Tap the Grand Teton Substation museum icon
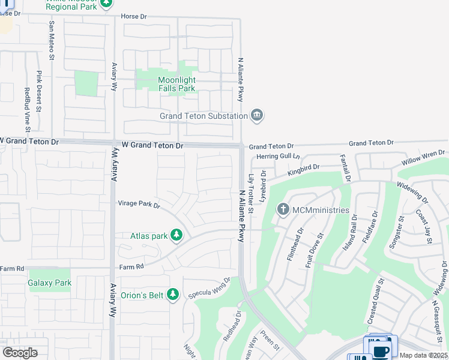coord(257,115)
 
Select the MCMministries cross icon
coord(283,209)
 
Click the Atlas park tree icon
coord(176,235)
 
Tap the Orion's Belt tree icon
coord(173,294)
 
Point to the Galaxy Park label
coord(50,283)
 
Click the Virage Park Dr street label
coord(139,205)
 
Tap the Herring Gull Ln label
coord(277,156)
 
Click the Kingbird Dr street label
coord(304,170)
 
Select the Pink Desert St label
coord(38,91)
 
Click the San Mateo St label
coord(52,41)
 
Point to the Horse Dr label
coord(133,16)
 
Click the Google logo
coord(20,352)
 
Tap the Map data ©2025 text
coord(423,355)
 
